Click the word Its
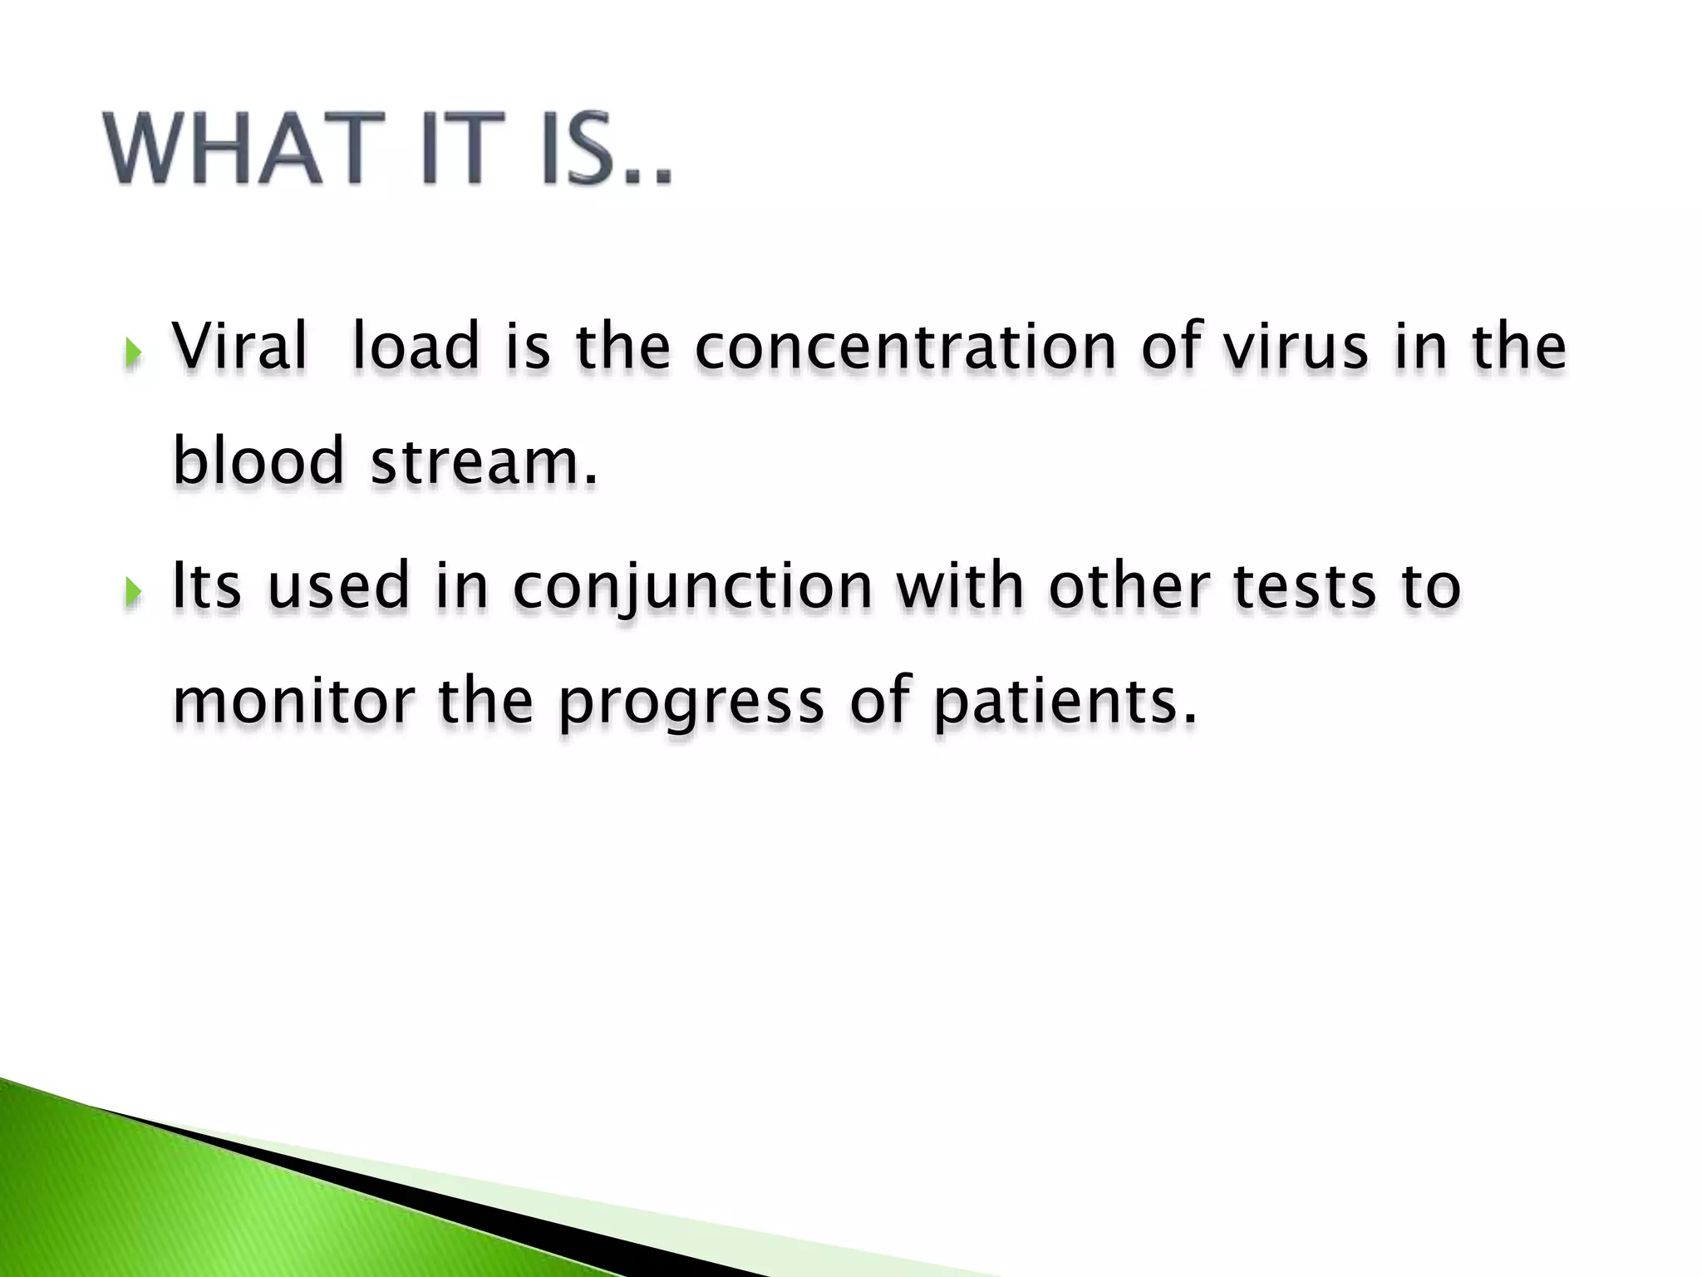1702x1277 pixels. (x=207, y=585)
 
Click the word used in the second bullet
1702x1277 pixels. (x=339, y=585)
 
